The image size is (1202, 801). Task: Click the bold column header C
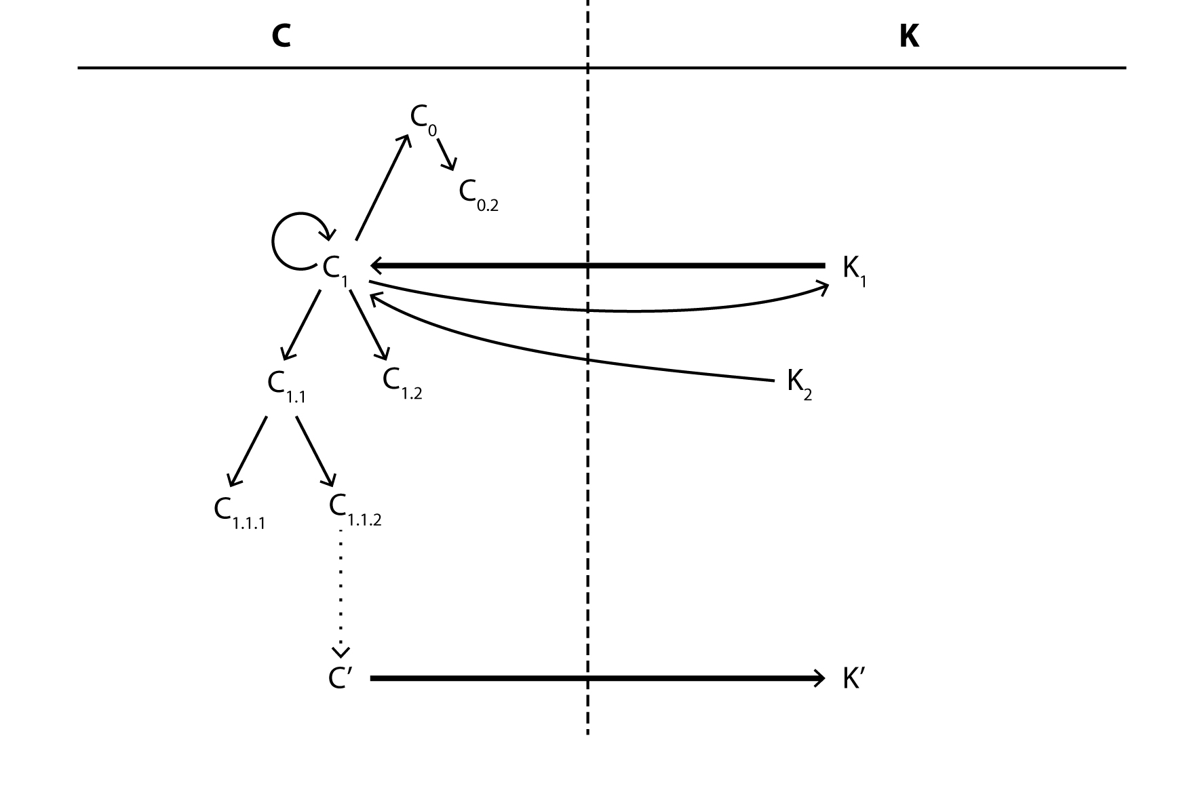281,36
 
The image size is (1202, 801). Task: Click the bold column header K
909,36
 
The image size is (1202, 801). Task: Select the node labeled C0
423,119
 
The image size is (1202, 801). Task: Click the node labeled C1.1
286,386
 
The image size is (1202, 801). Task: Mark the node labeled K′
853,678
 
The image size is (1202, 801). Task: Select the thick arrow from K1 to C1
597,265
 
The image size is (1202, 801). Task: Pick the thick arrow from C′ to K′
597,678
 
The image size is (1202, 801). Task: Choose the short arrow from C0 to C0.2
446,155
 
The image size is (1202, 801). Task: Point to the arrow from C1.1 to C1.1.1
247,451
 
